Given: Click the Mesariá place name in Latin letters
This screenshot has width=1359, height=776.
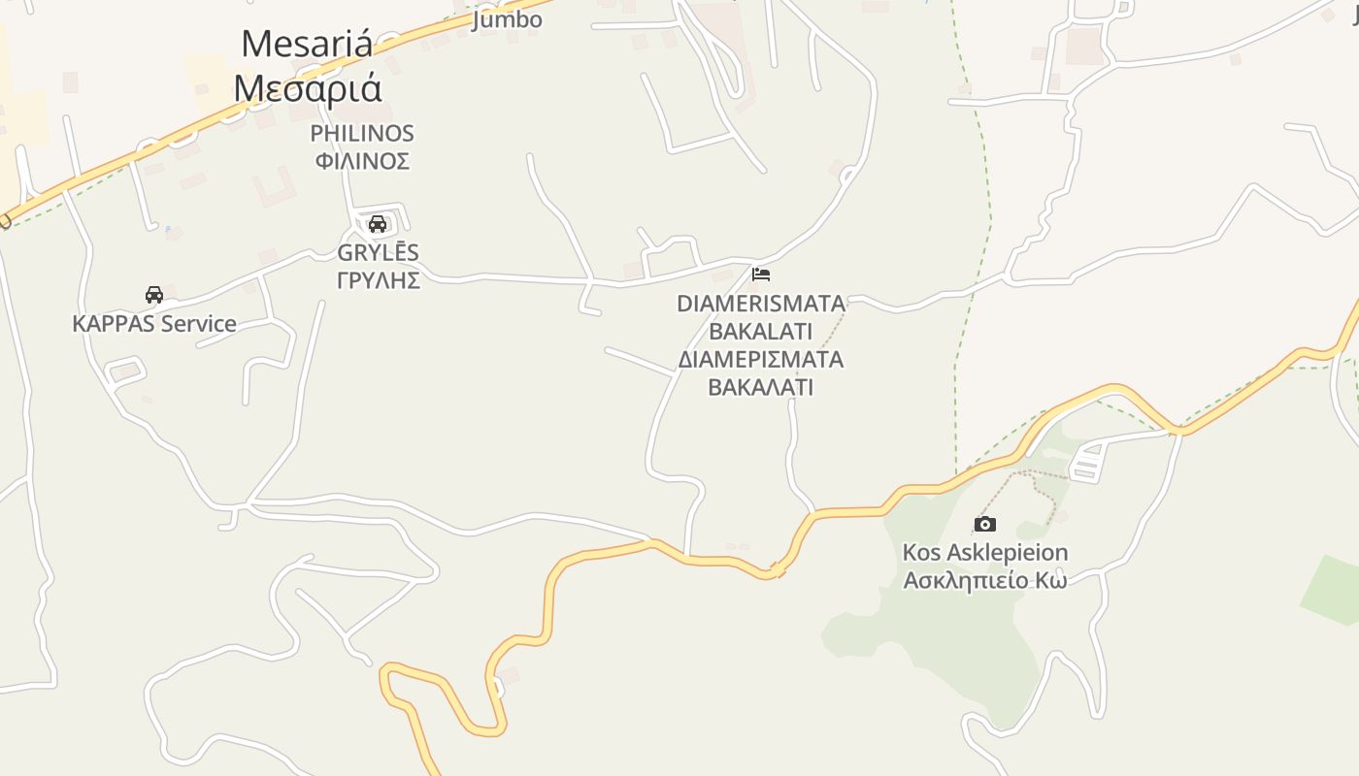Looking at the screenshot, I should coord(307,45).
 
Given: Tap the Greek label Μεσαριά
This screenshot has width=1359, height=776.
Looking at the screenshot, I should coord(307,88).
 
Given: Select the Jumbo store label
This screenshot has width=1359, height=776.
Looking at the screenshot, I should coord(507,19).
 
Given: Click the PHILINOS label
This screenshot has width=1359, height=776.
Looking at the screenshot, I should coord(362,134).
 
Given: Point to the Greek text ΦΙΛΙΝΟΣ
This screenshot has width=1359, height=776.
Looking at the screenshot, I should coord(362,161).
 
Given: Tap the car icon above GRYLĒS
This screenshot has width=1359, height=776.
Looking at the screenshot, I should coord(378,224).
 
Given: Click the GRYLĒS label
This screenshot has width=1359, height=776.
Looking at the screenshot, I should coord(378,253).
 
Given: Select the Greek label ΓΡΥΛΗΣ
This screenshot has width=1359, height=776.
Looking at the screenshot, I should coord(378,280).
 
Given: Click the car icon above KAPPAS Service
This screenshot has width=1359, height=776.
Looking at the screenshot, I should coord(153,295).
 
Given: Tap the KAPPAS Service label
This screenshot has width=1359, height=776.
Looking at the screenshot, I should coord(154,324).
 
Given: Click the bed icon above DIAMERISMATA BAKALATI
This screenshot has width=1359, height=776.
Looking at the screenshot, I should coord(761,275).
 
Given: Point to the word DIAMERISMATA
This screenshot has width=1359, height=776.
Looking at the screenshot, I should coord(761,304).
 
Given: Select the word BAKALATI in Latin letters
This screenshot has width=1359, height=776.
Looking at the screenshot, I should coord(761,331).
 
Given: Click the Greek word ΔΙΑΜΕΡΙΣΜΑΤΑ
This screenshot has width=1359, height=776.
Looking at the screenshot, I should coord(761,360).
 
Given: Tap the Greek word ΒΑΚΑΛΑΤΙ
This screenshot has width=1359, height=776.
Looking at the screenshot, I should coord(761,387).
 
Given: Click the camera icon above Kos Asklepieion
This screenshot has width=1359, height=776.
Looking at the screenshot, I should coord(985,525).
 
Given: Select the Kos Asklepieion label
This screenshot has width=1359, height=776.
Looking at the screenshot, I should coord(985,553).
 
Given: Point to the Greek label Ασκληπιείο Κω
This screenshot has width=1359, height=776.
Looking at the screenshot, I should coord(985,580).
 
